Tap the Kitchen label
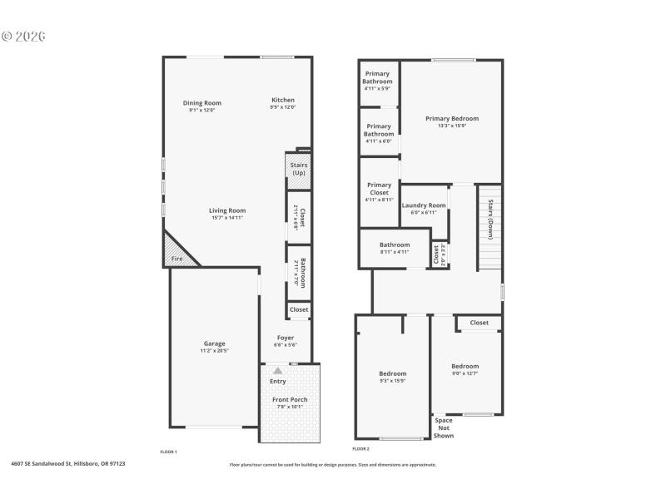pyautogui.click(x=282, y=100)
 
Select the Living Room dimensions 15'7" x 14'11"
pyautogui.click(x=226, y=218)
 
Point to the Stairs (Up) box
pyautogui.click(x=298, y=170)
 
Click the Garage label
pyautogui.click(x=215, y=343)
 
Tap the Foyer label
pyautogui.click(x=286, y=338)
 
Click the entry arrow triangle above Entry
pyautogui.click(x=278, y=371)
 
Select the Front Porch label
pyautogui.click(x=290, y=400)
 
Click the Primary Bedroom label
pyautogui.click(x=452, y=119)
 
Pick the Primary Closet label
pyautogui.click(x=379, y=189)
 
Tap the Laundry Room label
pyautogui.click(x=424, y=205)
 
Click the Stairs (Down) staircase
pyautogui.click(x=490, y=229)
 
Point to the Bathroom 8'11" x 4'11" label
pyautogui.click(x=394, y=245)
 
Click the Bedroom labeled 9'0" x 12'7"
pyautogui.click(x=465, y=367)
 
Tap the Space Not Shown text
pyautogui.click(x=444, y=427)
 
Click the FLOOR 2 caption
pyautogui.click(x=360, y=449)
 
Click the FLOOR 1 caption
pyautogui.click(x=168, y=452)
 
